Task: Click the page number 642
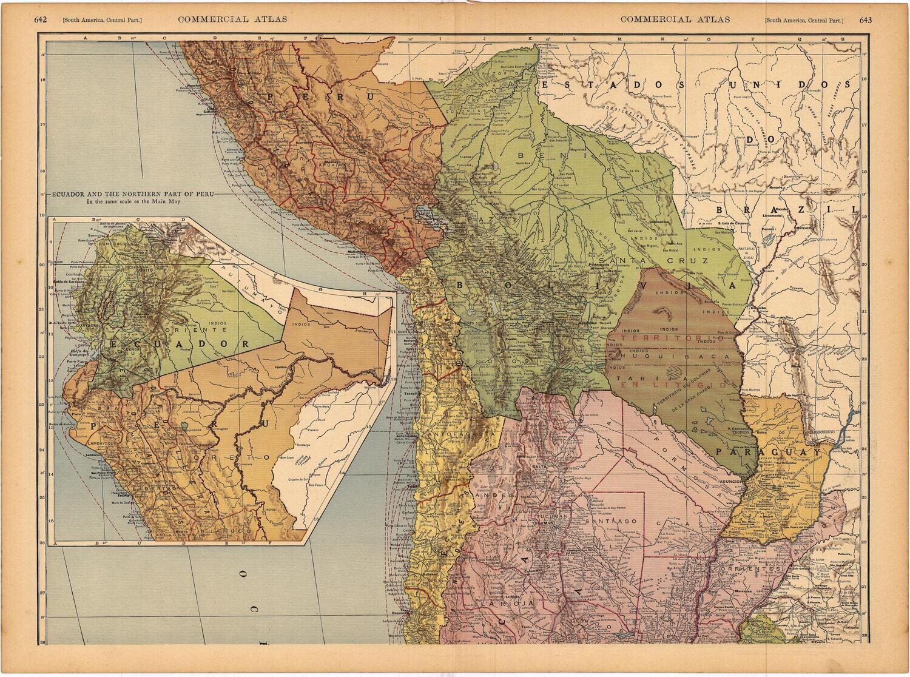point(41,19)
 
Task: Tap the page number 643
point(865,19)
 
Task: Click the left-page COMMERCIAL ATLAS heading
point(232,19)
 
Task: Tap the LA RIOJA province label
point(497,604)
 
